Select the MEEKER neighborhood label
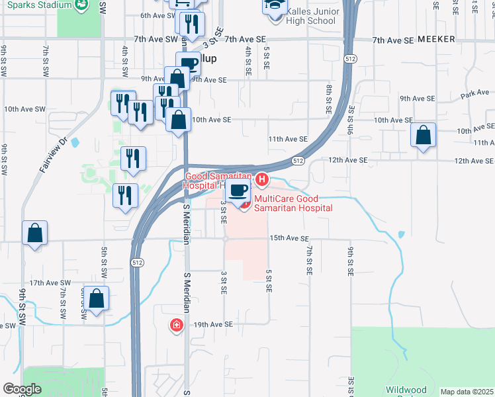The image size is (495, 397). tap(436, 40)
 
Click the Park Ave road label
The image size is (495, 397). tap(475, 94)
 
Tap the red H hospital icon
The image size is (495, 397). tap(263, 179)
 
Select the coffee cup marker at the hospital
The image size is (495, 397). tap(239, 191)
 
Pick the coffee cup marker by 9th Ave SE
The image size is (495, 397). tap(189, 64)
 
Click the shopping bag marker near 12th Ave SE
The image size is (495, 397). tap(424, 136)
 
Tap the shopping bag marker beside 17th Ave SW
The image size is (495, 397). tap(97, 298)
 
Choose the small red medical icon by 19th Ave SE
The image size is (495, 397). tap(176, 325)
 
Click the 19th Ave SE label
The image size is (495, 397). tap(213, 325)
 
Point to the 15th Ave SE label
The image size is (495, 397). tap(289, 238)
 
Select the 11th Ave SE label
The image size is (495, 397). tap(288, 139)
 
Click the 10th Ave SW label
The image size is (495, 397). tap(24, 109)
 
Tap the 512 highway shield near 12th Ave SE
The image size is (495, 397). tap(298, 160)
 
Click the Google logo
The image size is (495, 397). tap(22, 389)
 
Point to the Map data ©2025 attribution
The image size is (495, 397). tap(467, 392)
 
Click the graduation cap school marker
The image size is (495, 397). tap(273, 6)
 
